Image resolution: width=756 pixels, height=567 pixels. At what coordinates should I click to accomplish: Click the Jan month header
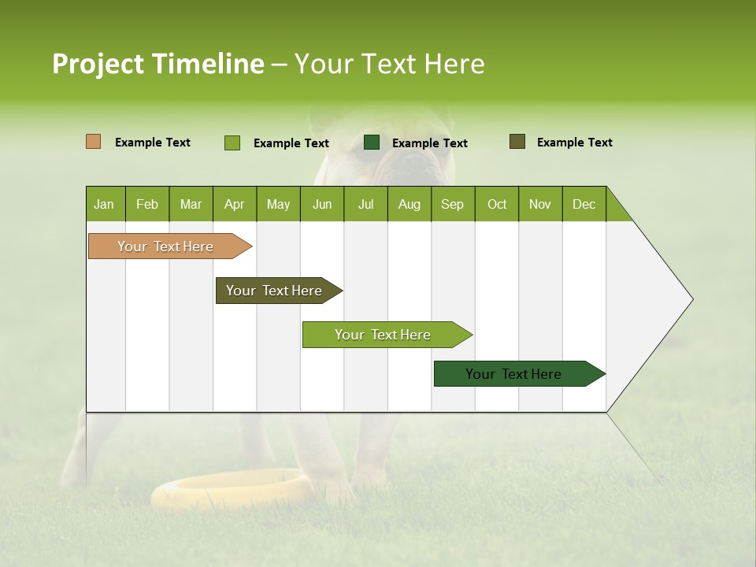[105, 204]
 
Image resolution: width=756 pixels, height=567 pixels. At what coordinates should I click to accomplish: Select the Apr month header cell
[235, 204]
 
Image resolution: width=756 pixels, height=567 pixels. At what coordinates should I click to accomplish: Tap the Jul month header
[365, 204]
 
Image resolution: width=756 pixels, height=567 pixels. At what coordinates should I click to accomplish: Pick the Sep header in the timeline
[453, 204]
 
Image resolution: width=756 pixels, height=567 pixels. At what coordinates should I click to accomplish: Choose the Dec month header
[584, 204]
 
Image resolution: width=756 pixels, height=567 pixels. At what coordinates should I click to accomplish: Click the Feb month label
[147, 204]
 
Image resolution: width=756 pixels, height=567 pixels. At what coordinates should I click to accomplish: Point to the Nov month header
[540, 204]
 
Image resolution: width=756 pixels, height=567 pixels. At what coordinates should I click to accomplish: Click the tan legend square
[93, 142]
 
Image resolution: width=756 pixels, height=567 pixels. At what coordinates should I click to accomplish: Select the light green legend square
[232, 143]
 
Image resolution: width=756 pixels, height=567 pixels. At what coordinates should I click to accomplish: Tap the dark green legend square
[372, 143]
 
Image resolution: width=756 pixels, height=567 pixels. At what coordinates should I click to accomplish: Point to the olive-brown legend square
[517, 142]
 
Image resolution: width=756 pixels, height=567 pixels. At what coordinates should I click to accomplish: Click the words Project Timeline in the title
[157, 64]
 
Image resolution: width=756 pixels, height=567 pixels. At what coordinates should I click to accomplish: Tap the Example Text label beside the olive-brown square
[574, 143]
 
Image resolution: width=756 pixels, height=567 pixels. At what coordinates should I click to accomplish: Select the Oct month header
[497, 204]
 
